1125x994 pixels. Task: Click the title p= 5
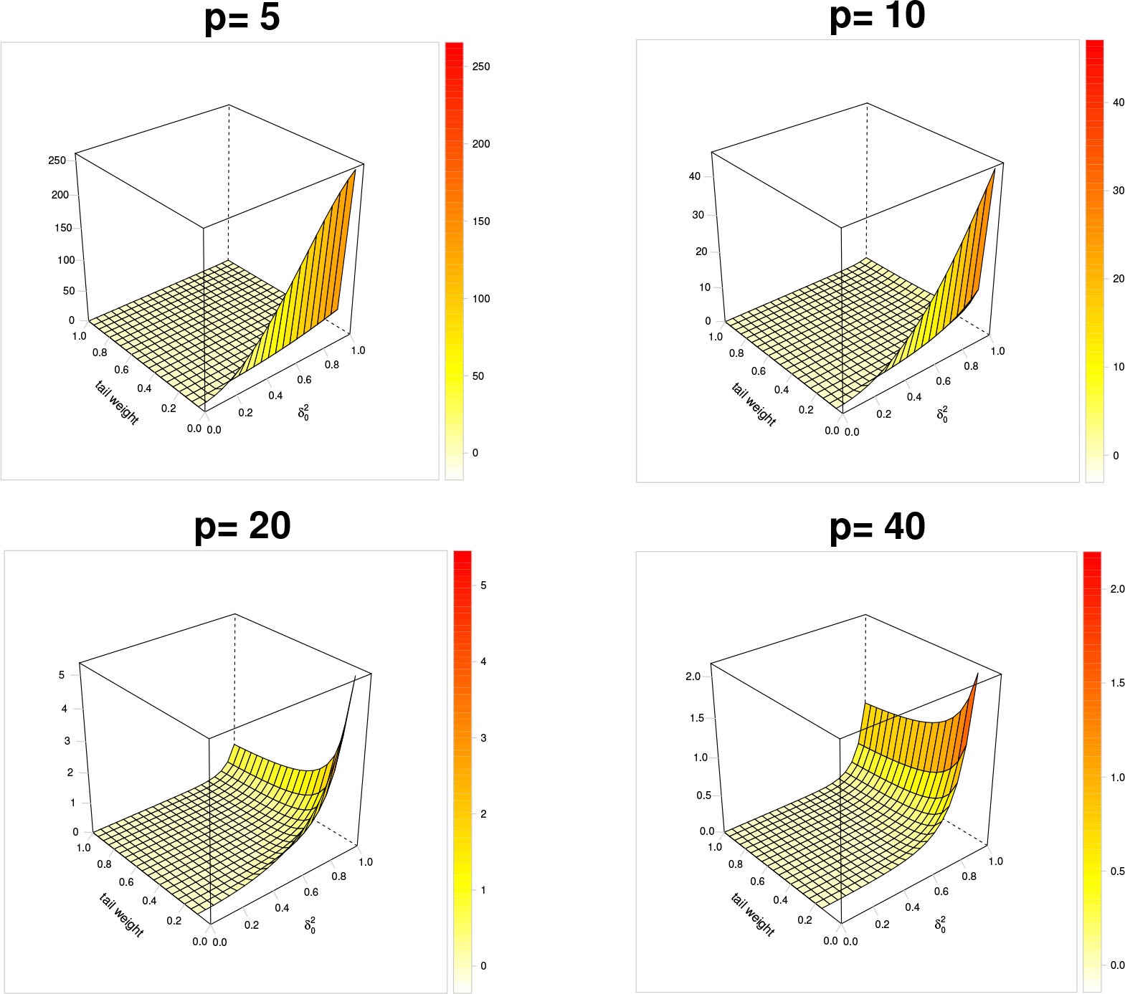(x=242, y=17)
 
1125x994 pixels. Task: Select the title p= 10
(x=877, y=16)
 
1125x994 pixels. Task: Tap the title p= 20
(x=242, y=526)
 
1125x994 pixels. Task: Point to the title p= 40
(x=877, y=527)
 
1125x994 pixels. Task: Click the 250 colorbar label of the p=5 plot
(x=481, y=67)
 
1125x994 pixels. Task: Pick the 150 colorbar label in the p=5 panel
(x=481, y=221)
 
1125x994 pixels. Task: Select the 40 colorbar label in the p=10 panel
(x=1119, y=102)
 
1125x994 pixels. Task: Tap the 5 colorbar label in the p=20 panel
(x=483, y=586)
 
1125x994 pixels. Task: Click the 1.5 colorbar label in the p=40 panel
(x=1117, y=683)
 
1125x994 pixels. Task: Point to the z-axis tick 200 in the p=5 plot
(x=60, y=195)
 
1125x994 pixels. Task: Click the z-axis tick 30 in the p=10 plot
(x=698, y=215)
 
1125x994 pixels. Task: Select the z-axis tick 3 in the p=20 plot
(x=67, y=741)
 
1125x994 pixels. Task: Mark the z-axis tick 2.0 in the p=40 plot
(x=693, y=677)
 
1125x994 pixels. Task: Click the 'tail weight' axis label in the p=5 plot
(x=117, y=403)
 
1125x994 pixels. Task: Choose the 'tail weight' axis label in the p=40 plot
(x=753, y=914)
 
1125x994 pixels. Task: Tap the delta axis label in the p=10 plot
(x=942, y=414)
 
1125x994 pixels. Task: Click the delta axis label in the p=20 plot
(x=310, y=925)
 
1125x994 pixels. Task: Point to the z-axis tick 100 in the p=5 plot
(x=66, y=260)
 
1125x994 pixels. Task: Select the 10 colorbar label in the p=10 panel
(x=1119, y=367)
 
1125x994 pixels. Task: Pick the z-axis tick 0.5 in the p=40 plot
(x=703, y=795)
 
